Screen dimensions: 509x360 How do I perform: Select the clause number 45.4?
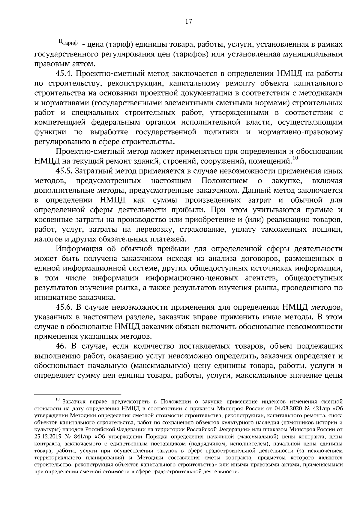click(64, 74)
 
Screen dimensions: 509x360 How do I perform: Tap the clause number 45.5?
click(64, 171)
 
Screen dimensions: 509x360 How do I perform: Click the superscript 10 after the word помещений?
click(295, 158)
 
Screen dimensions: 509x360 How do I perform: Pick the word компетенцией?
click(60, 122)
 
